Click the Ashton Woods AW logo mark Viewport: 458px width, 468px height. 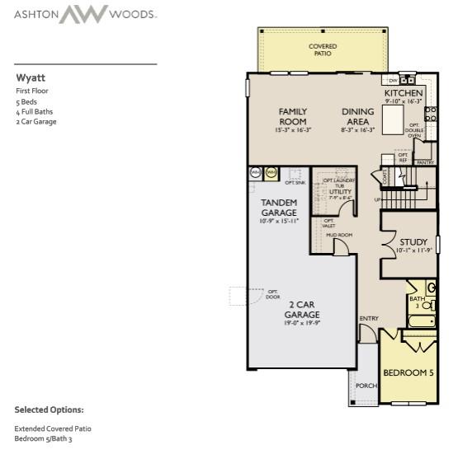point(87,14)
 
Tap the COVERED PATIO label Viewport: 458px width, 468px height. point(322,49)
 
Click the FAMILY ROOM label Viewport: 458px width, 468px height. point(292,116)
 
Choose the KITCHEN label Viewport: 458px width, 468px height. point(404,93)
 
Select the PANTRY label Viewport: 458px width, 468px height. point(425,162)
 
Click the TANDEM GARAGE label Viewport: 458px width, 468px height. point(280,207)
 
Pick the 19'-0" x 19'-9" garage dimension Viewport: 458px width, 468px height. point(302,324)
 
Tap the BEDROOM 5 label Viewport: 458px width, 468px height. point(408,372)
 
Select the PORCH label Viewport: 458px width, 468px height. point(366,385)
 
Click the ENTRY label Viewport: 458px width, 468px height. point(368,317)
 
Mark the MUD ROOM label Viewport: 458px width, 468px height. point(338,235)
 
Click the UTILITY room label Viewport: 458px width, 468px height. point(340,191)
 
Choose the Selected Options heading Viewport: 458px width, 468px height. point(49,409)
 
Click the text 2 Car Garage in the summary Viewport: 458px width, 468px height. point(36,121)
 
